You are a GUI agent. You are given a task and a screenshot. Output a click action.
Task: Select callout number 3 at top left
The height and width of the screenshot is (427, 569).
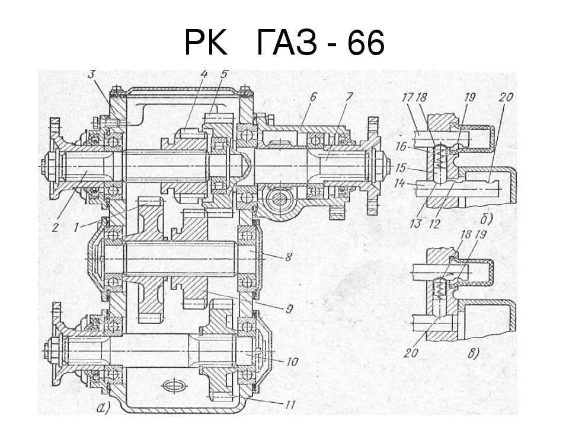point(92,74)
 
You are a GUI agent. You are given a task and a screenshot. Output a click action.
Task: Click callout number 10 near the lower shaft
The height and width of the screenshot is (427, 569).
point(292,361)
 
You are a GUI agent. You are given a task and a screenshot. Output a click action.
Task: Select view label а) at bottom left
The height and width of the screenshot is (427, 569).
point(101,407)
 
